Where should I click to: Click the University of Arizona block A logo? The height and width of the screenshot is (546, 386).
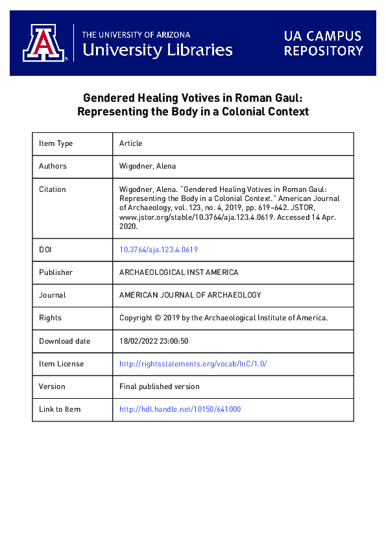coord(45,43)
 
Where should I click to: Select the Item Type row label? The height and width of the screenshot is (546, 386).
coord(56,143)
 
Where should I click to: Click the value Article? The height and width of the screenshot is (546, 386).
coord(130,143)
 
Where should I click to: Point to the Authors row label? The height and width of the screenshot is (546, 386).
coord(53,166)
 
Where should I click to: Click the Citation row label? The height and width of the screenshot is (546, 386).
coord(53,189)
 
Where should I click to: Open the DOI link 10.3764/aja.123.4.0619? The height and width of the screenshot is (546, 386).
coord(159,249)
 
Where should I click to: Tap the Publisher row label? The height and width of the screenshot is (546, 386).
coord(56,272)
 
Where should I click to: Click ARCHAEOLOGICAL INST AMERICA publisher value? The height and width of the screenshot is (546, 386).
coord(179,272)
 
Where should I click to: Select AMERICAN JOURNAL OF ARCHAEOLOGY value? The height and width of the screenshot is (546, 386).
coord(190,295)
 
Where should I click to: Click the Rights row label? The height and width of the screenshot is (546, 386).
coord(50,318)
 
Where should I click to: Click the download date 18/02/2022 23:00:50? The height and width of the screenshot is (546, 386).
coord(154,341)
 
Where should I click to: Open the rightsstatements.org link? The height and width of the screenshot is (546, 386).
coord(193,364)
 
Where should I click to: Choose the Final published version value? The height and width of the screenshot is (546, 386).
coord(160,386)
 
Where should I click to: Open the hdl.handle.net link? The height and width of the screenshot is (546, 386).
coord(180,409)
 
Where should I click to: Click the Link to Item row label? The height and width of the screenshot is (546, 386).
coord(60,409)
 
